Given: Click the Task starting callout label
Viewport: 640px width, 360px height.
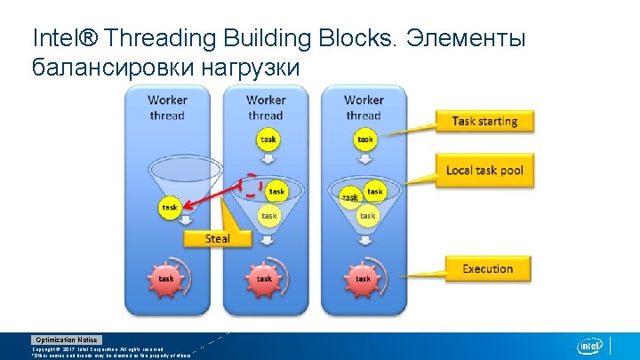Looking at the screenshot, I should [484, 121].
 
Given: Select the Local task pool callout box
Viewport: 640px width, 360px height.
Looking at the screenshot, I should [484, 170].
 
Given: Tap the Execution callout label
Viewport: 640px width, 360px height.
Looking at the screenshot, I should [487, 268].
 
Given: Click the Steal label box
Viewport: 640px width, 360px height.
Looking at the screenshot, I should [217, 238].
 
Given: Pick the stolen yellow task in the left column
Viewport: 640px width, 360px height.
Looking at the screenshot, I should [169, 207].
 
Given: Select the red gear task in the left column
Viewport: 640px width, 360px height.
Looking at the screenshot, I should [166, 278].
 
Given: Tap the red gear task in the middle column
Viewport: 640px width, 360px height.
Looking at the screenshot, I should [265, 278].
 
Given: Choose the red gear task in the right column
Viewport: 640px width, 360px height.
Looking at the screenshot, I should [363, 278].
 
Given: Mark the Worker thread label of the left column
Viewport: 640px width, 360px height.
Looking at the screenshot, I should [167, 108].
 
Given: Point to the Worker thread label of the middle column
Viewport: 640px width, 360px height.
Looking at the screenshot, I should [266, 108].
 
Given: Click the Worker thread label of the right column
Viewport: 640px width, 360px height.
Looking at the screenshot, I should [363, 108].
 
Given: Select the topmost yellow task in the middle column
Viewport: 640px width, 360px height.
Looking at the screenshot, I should [268, 140].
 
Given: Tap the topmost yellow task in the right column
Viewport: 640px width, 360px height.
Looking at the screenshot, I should [365, 140].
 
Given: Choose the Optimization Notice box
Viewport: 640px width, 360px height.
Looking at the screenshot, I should [67, 340].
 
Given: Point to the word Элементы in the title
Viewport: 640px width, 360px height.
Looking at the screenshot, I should [468, 39].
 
